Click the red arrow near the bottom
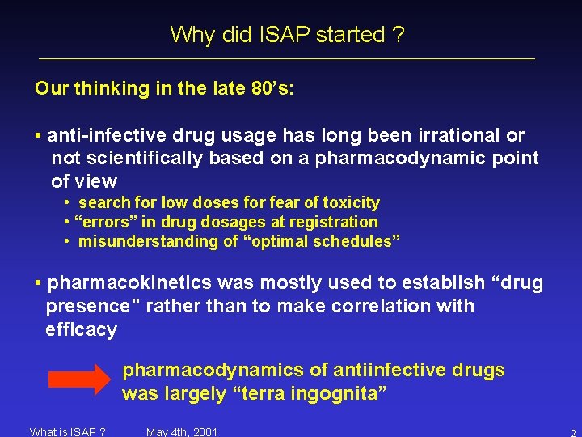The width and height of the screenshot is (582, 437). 80,379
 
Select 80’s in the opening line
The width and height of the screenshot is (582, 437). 272,88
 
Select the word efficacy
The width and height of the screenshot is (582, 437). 82,329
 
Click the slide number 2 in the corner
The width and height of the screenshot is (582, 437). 572,432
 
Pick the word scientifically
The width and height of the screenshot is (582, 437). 140,158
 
